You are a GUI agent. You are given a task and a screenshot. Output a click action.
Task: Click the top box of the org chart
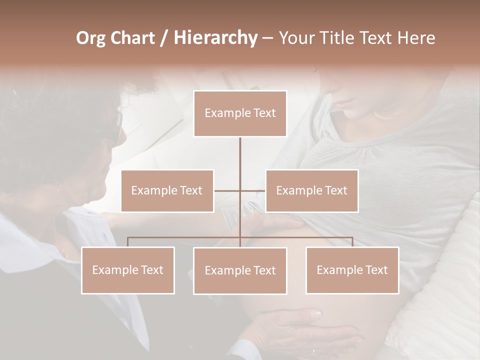(240, 113)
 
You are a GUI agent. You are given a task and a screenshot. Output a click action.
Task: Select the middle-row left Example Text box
(167, 190)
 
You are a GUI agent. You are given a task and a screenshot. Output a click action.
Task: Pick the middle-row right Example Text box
(311, 190)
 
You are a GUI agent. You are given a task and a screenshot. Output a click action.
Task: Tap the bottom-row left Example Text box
(128, 270)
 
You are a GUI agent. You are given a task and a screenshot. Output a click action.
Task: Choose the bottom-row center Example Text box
(240, 270)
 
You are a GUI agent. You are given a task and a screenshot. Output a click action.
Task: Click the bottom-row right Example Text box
(352, 270)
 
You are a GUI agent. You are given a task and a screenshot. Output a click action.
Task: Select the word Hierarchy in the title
(215, 38)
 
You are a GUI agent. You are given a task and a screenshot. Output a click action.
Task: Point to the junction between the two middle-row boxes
(240, 190)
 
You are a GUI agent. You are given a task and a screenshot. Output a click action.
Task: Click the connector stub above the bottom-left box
(128, 242)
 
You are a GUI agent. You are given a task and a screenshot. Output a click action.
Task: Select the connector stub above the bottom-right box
(352, 242)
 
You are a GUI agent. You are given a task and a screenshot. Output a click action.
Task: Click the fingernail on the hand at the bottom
(315, 314)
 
